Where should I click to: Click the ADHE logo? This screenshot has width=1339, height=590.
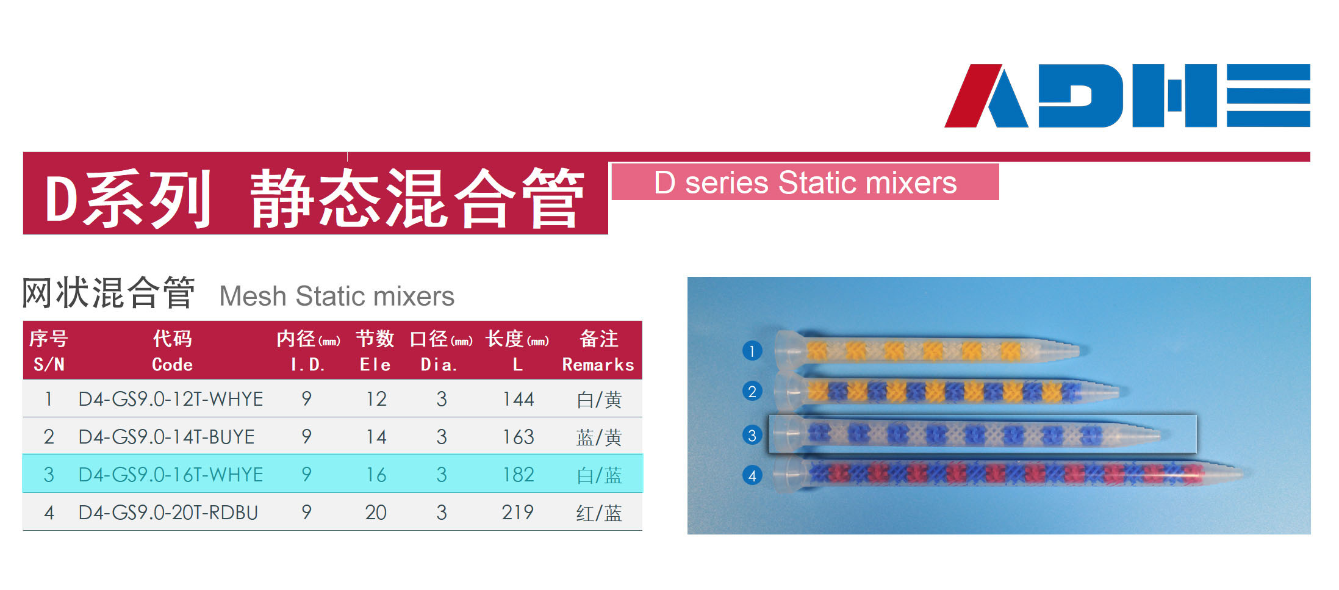(x=1127, y=95)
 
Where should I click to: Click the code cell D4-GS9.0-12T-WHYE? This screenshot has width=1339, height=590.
(x=171, y=399)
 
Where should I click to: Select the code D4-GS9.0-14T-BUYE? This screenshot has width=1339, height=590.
(x=167, y=437)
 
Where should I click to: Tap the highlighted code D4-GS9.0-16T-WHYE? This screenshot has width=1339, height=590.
(x=171, y=475)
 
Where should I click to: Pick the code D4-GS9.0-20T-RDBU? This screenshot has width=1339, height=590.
(x=168, y=513)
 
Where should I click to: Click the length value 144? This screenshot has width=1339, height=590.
(x=518, y=399)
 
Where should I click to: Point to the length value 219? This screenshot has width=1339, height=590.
(x=518, y=513)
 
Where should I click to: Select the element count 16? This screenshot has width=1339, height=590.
(x=376, y=475)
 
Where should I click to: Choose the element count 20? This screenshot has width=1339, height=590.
(x=376, y=513)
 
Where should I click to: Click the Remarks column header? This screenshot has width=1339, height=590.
(x=598, y=351)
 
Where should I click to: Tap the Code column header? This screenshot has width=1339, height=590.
(x=173, y=351)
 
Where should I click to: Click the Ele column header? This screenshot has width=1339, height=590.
(x=375, y=351)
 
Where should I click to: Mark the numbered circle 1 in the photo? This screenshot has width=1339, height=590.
(x=752, y=351)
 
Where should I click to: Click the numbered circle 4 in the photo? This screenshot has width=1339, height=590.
(x=752, y=475)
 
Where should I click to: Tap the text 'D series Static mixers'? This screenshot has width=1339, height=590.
(x=805, y=182)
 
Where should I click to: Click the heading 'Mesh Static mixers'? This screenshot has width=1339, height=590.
(x=337, y=297)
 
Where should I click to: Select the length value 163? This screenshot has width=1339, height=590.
(x=518, y=437)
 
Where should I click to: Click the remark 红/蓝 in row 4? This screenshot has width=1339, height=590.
(x=599, y=513)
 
